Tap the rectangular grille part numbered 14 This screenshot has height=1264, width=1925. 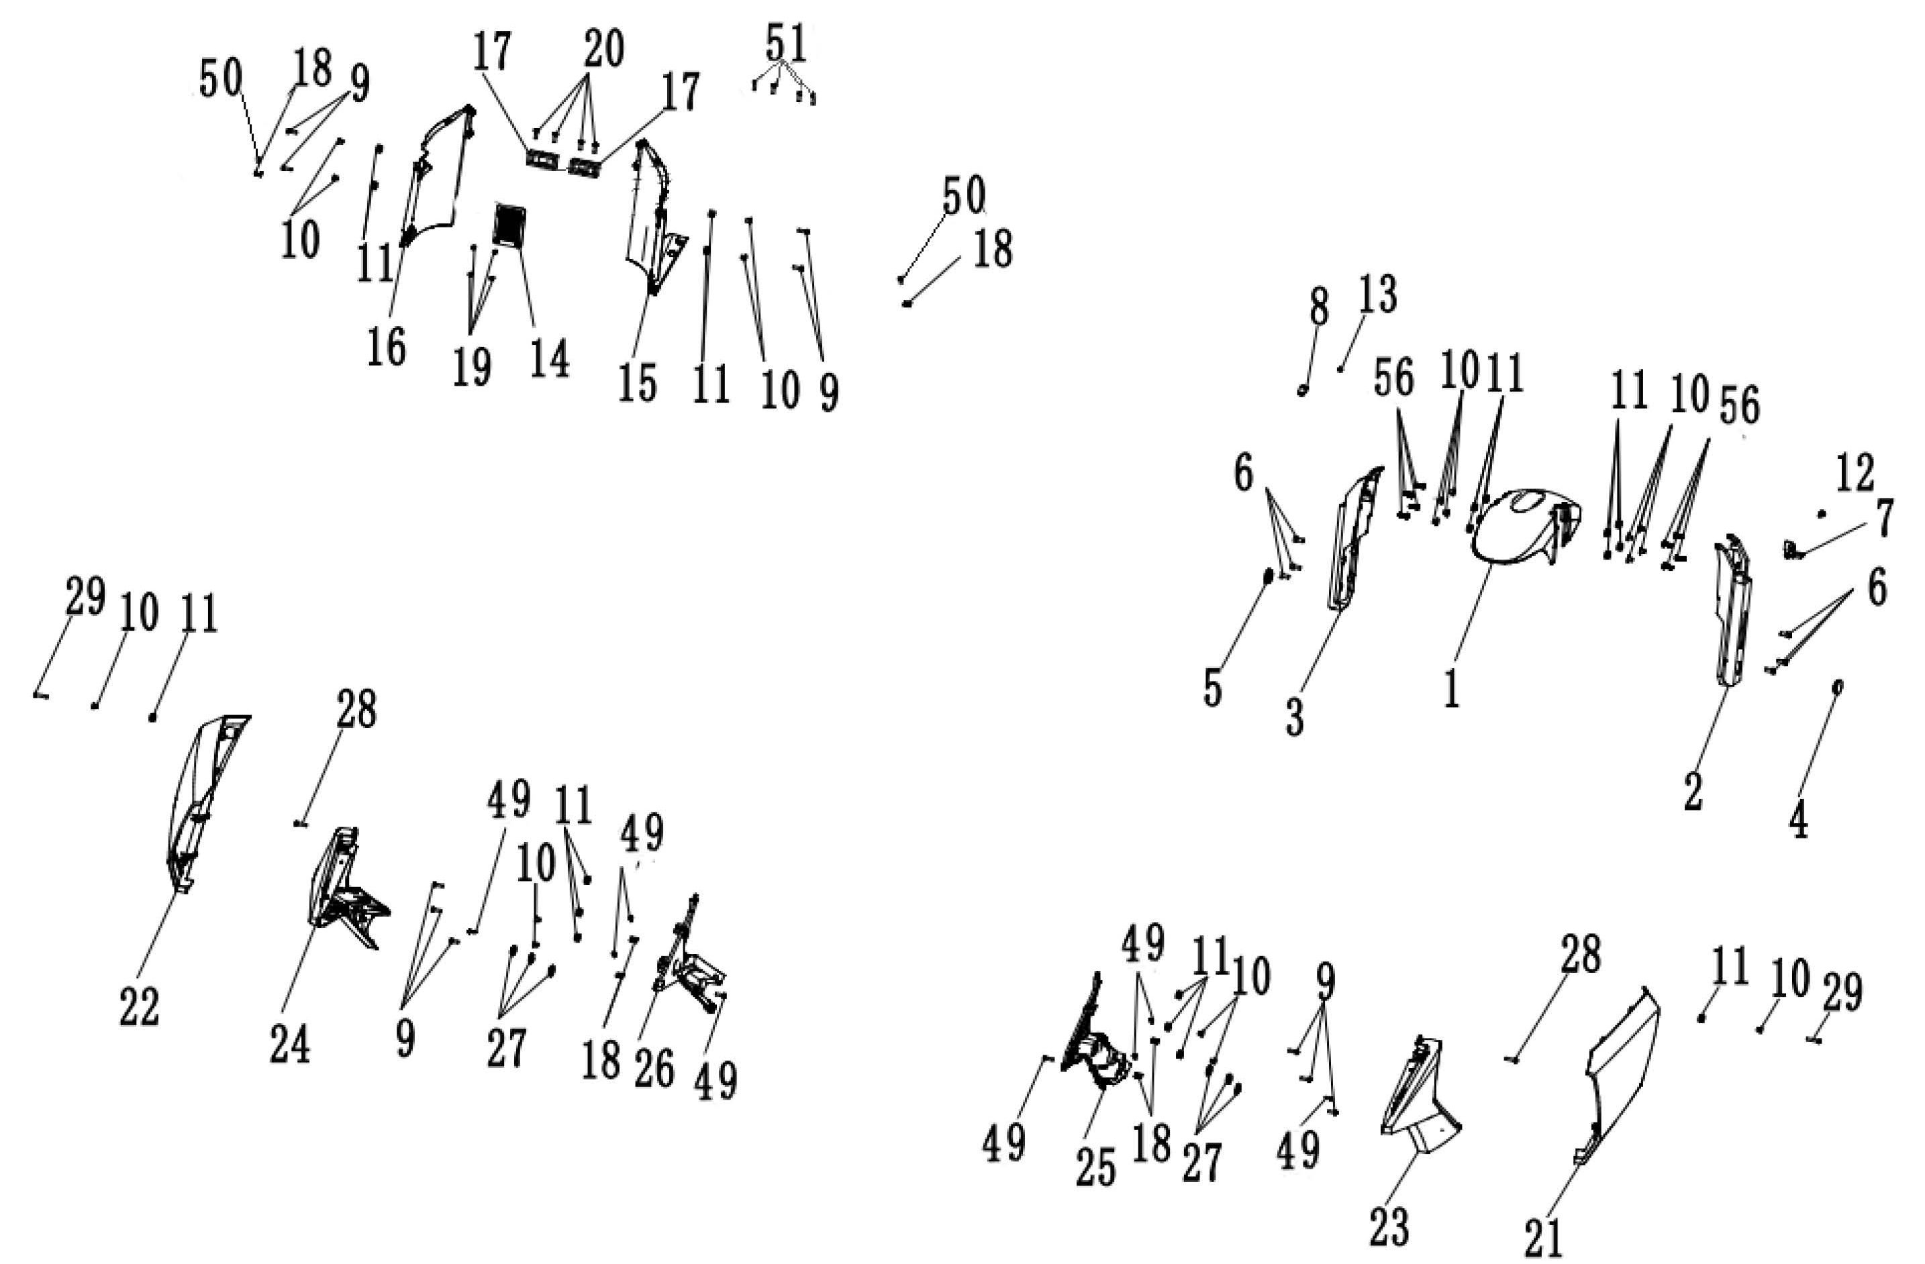coord(509,225)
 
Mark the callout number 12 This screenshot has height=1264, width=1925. coord(1855,474)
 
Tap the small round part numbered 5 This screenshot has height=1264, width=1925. coord(1269,576)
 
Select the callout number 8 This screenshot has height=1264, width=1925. coord(1318,308)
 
